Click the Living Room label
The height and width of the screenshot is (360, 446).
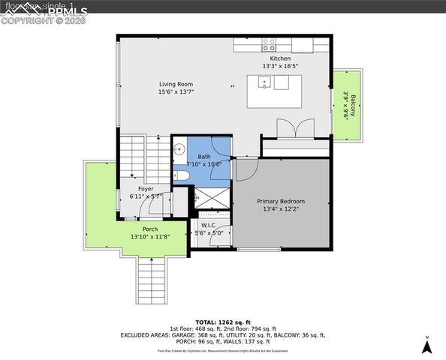(176, 84)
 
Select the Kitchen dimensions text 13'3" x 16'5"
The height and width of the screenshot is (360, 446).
(280, 67)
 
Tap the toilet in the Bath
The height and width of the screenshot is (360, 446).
(180, 175)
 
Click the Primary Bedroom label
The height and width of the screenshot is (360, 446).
(281, 201)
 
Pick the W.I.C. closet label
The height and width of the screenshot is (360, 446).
(209, 225)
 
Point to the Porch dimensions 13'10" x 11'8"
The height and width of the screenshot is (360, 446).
(150, 237)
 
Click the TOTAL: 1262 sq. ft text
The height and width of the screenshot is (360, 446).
(222, 321)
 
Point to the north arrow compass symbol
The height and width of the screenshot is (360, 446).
(426, 346)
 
